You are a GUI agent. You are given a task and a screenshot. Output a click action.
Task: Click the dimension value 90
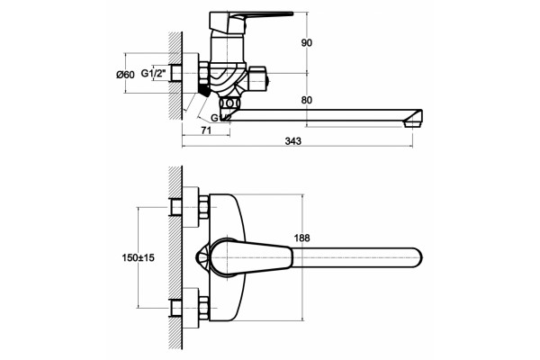click(307, 43)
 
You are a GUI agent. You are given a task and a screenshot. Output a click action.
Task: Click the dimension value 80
click(307, 100)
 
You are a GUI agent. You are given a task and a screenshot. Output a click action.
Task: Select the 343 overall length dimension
click(293, 141)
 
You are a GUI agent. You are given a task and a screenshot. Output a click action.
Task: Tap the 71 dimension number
click(205, 130)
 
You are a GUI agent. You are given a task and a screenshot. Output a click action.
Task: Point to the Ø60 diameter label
click(125, 75)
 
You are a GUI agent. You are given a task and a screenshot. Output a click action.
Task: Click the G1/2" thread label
click(154, 73)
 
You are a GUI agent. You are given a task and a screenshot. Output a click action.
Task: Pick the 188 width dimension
click(301, 238)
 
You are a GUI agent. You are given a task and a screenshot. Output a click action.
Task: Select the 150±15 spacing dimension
click(138, 257)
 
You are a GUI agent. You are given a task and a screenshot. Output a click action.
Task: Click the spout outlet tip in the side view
click(413, 119)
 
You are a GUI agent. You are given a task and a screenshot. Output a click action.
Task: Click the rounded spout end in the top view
click(415, 257)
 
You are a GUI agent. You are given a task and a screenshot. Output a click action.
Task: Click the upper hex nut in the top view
click(204, 207)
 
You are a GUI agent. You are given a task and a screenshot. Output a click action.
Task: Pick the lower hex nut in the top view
click(204, 308)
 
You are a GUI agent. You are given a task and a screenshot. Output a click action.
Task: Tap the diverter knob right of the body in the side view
click(258, 80)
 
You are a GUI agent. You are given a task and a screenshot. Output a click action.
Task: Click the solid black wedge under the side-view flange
click(204, 90)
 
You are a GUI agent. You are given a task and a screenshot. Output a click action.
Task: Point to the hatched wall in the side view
click(175, 76)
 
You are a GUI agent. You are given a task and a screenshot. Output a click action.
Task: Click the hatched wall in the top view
click(175, 257)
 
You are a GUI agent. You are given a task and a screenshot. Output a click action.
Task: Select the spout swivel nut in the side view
click(230, 103)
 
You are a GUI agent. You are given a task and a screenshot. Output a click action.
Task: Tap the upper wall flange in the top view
click(191, 207)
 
